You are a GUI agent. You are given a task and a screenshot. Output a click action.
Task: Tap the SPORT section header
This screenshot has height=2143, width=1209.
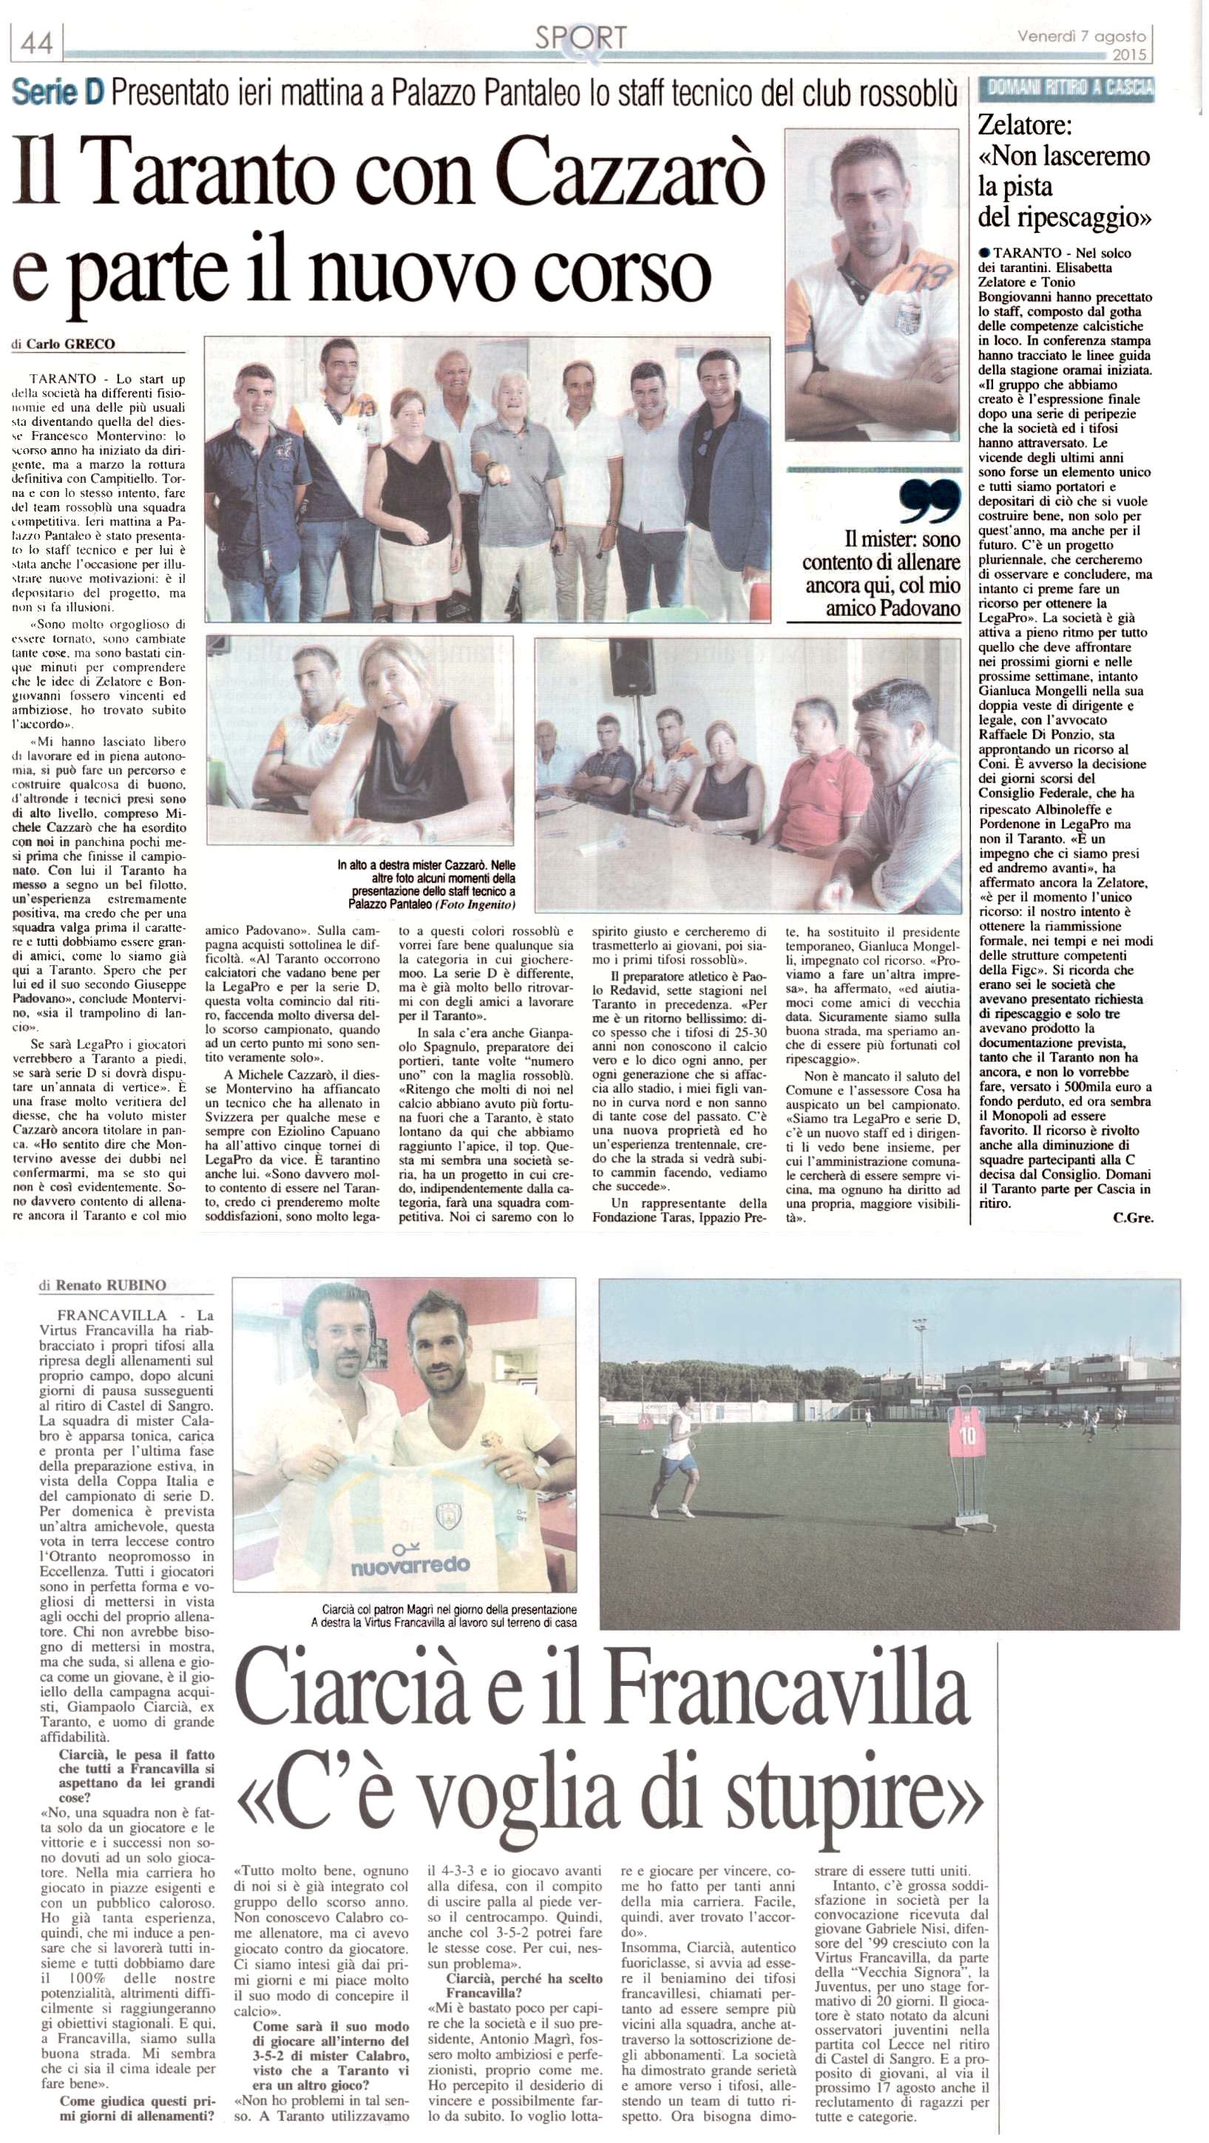coord(580,38)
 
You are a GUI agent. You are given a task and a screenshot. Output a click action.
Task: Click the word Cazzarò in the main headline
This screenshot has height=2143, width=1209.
coord(629,177)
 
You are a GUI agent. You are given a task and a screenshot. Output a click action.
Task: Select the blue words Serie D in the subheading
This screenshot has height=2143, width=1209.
coord(58,92)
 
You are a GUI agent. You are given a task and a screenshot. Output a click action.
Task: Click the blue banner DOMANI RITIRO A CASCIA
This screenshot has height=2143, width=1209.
coord(1067,87)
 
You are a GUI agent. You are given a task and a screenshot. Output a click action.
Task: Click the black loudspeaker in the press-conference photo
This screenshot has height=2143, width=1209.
coord(633,666)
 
